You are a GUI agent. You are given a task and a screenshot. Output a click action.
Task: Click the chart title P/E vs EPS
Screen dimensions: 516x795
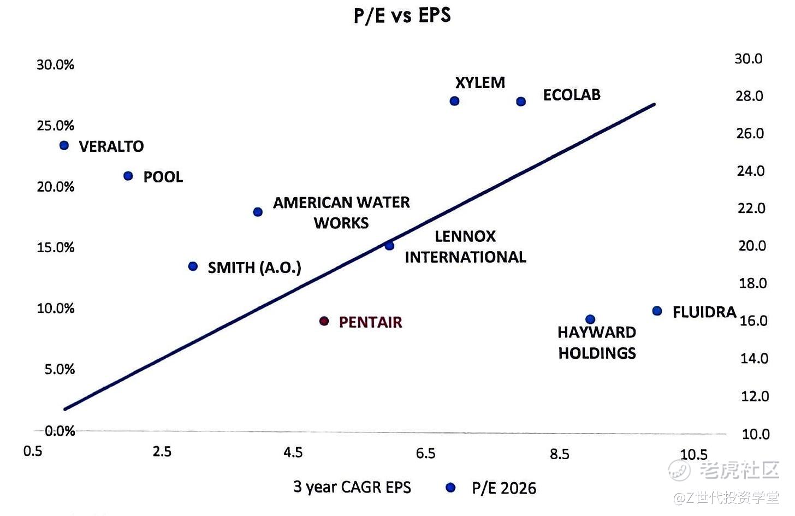pyautogui.click(x=402, y=15)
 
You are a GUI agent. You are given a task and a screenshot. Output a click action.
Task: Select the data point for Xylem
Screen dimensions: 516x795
pyautogui.click(x=454, y=101)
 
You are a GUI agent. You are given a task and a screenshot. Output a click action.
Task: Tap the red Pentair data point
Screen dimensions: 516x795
pyautogui.click(x=324, y=321)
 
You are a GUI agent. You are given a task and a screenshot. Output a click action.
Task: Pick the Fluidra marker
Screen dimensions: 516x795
pyautogui.click(x=657, y=311)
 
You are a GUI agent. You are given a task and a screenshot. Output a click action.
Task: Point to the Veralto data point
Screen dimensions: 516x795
pyautogui.click(x=64, y=145)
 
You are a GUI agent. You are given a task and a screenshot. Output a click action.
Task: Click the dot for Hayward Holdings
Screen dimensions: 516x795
pyautogui.click(x=590, y=319)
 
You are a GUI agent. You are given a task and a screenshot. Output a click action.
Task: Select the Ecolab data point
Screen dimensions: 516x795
pyautogui.click(x=521, y=102)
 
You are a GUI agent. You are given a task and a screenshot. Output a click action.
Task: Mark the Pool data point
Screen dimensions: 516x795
pyautogui.click(x=128, y=176)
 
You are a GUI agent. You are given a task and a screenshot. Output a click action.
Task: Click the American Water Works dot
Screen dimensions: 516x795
pyautogui.click(x=258, y=212)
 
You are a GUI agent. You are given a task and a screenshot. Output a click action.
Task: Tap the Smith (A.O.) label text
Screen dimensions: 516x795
pyautogui.click(x=254, y=268)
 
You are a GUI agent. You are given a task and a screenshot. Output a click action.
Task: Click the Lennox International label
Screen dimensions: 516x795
pyautogui.click(x=465, y=246)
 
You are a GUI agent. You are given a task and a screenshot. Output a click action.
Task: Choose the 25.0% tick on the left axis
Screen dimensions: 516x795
pyautogui.click(x=55, y=126)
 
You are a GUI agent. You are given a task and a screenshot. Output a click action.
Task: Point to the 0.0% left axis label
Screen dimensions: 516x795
pyautogui.click(x=60, y=431)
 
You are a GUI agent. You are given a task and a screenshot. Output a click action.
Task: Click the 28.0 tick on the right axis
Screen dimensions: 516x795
pyautogui.click(x=749, y=96)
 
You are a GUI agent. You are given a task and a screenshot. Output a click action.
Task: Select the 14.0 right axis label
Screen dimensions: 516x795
pyautogui.click(x=754, y=358)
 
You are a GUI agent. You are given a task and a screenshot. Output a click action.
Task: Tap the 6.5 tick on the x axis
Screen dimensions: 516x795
pyautogui.click(x=425, y=453)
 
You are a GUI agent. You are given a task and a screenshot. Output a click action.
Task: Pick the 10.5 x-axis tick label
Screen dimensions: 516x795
pyautogui.click(x=693, y=454)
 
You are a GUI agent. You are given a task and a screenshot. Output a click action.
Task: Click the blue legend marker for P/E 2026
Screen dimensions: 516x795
pyautogui.click(x=450, y=488)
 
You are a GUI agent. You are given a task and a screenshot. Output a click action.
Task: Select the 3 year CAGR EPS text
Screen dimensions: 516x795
pyautogui.click(x=352, y=487)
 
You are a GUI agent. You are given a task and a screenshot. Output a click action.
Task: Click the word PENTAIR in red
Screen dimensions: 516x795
pyautogui.click(x=370, y=322)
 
